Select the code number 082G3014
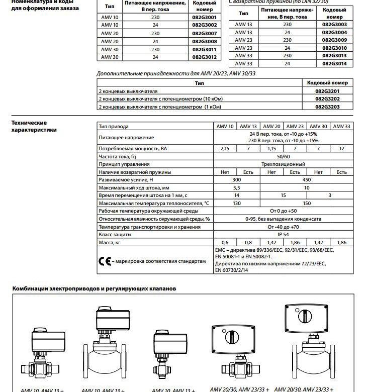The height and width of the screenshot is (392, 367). (334, 64)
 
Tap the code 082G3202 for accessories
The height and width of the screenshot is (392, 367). (327, 99)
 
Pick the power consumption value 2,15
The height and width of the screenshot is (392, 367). (225, 149)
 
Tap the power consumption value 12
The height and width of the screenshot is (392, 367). (342, 149)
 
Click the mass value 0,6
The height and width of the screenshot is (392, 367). (225, 242)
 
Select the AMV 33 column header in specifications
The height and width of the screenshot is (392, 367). (342, 126)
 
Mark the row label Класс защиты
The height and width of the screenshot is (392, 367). (115, 234)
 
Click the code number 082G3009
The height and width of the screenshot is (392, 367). (334, 40)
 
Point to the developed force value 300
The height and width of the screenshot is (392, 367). (236, 180)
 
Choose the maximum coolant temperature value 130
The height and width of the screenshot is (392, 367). (236, 203)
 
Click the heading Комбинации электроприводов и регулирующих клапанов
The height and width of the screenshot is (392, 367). (94, 289)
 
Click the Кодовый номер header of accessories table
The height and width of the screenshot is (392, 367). (327, 83)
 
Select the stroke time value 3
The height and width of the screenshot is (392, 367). (330, 195)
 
